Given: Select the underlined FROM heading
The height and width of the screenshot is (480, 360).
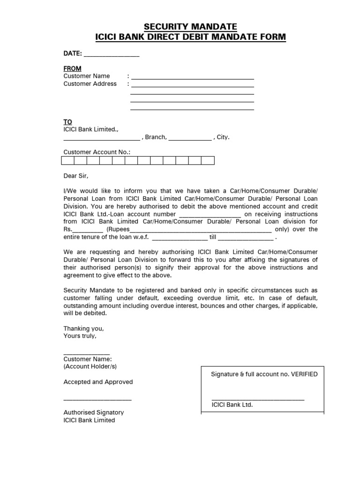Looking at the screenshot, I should tap(72, 68).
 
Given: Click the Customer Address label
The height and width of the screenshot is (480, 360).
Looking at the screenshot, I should tap(90, 84).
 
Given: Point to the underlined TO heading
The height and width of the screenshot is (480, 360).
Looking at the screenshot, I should tap(68, 122).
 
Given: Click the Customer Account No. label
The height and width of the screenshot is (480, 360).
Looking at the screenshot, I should tap(97, 152).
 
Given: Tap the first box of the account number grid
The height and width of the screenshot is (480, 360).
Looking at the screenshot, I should tap(67, 161).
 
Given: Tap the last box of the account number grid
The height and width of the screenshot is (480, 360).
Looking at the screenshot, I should tap(208, 161).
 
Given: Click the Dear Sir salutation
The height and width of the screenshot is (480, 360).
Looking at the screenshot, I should tap(75, 176).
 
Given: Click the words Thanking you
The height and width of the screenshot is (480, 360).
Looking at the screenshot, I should tap(84, 329).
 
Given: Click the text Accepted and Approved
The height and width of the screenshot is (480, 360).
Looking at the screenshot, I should tap(98, 382).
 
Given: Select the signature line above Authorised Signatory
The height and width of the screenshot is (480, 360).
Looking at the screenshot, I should tap(97, 399).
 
